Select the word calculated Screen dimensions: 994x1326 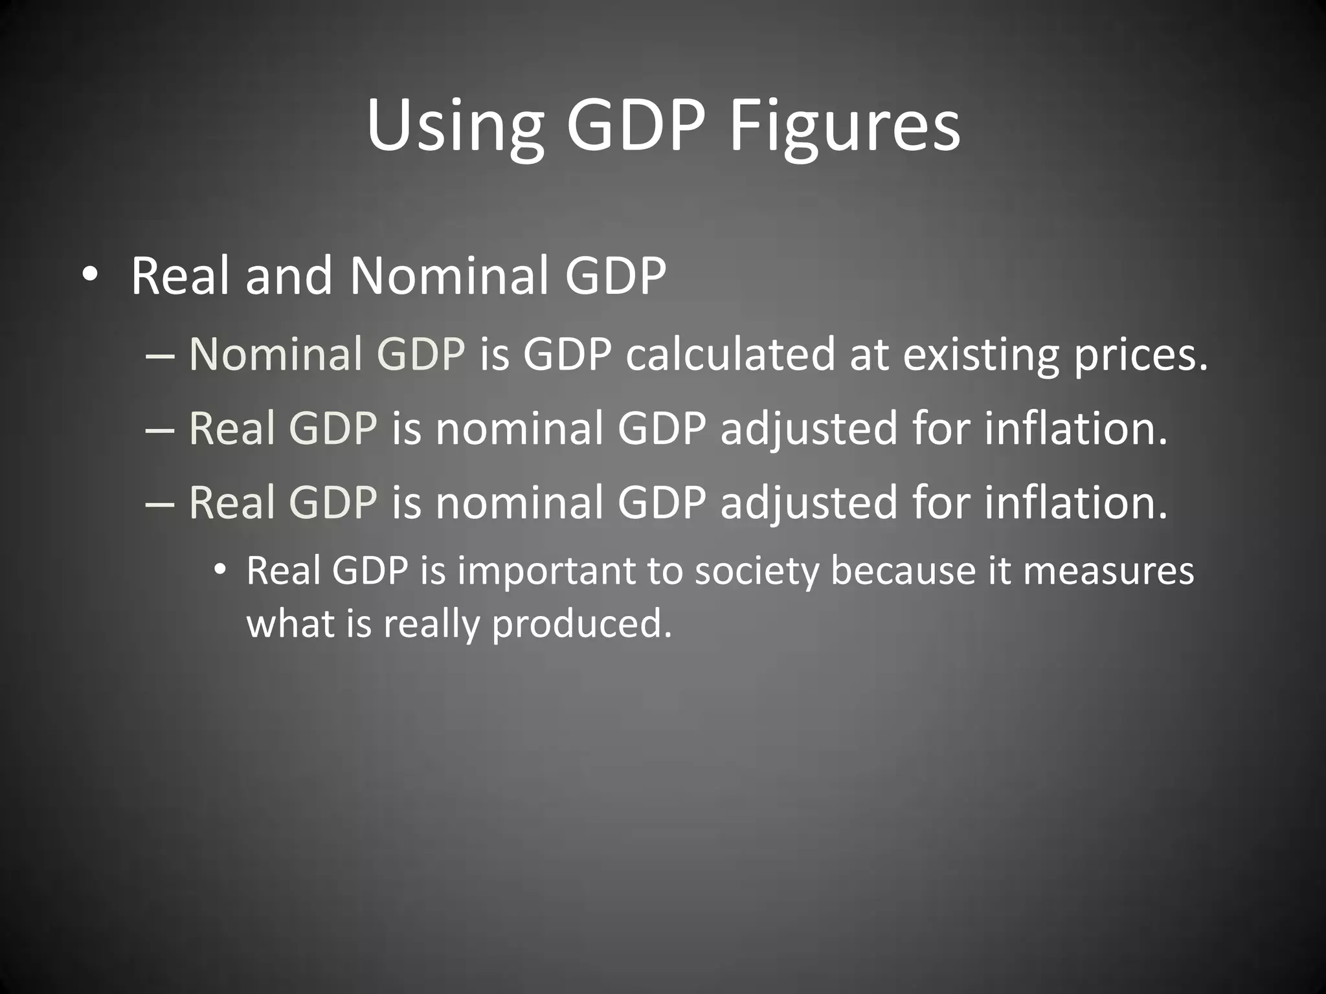[x=730, y=355]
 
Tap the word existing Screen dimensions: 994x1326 [x=980, y=355]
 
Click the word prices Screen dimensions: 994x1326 [x=1141, y=355]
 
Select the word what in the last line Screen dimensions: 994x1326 [x=289, y=624]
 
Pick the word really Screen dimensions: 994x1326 [x=431, y=624]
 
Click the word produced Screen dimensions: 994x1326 [x=581, y=624]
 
